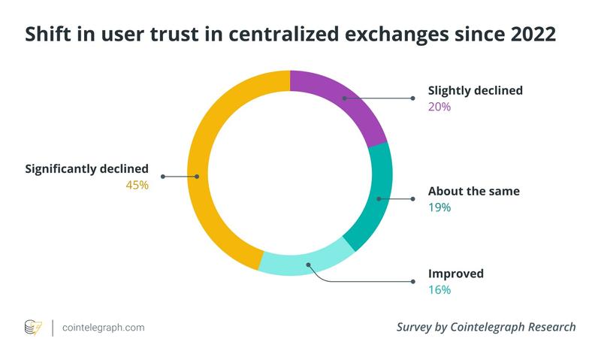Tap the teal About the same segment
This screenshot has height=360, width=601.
(379, 198)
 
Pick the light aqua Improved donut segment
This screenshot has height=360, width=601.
(307, 265)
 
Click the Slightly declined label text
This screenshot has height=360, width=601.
(475, 91)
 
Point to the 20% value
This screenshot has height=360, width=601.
(439, 107)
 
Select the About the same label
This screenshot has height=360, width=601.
(473, 191)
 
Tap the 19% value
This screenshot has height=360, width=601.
(439, 207)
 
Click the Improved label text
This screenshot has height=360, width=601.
(455, 274)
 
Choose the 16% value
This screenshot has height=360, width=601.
(439, 289)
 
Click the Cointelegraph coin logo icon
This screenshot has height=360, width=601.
(33, 328)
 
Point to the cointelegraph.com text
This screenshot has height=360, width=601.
(104, 328)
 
